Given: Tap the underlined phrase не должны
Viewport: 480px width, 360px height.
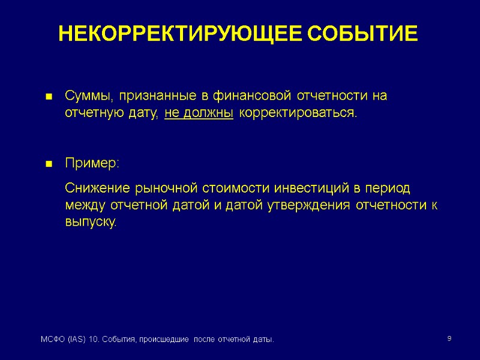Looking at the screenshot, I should (199, 113).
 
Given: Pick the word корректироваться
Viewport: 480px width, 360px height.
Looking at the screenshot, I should (297, 113).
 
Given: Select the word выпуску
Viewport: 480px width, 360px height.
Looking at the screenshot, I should (91, 222).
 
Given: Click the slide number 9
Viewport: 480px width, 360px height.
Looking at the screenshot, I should (449, 340).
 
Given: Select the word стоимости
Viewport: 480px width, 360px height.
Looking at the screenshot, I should (233, 188).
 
